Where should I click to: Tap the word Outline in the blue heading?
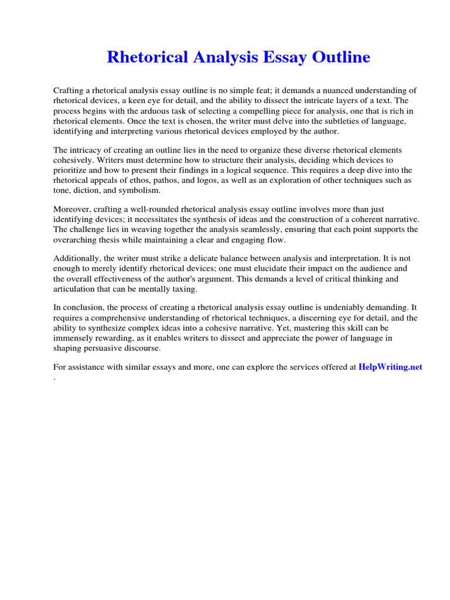341,57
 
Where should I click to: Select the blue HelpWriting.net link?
390,367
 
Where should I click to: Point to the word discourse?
141,348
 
